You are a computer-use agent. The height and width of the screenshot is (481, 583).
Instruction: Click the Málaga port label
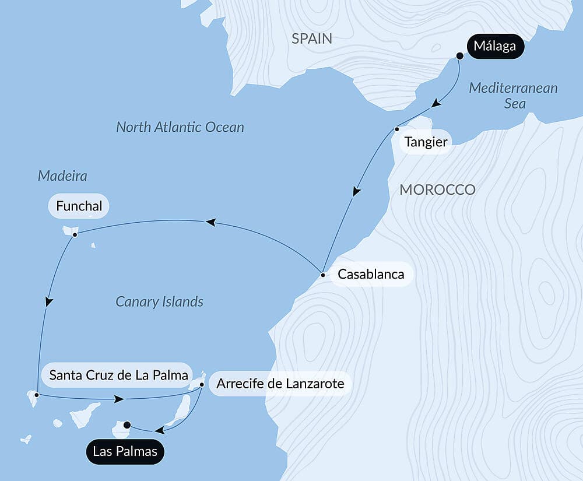point(495,46)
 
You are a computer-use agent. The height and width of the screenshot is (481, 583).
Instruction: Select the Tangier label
point(426,142)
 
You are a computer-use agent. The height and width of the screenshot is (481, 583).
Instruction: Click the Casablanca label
point(371,274)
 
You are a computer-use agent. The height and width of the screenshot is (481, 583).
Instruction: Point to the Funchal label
point(79,206)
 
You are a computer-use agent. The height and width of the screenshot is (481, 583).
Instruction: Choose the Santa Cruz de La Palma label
point(118,375)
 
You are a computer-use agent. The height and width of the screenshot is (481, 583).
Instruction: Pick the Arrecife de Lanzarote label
point(280,384)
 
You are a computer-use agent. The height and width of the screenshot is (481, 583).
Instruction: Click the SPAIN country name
point(312,39)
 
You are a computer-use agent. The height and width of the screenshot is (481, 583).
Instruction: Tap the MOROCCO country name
point(437,189)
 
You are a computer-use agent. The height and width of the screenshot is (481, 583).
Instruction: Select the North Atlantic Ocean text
point(180,127)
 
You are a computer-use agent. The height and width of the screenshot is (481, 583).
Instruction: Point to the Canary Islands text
point(159,301)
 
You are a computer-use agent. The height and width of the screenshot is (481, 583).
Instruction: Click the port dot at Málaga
point(459,56)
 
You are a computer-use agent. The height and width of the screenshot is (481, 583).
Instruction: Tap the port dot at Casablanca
point(322,274)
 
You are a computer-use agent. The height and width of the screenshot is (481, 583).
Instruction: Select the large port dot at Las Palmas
point(127,424)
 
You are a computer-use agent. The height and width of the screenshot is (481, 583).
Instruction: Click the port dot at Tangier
point(396,129)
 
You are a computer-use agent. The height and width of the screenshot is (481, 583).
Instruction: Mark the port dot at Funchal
point(75,235)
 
